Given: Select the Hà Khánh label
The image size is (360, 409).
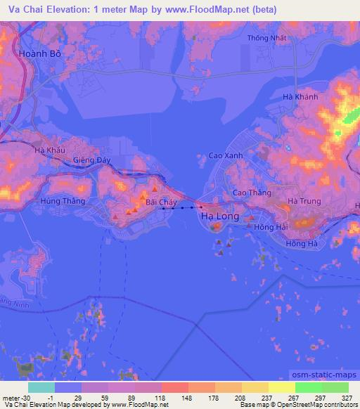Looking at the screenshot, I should tap(300, 97).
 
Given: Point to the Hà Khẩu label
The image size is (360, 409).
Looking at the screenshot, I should tap(49, 150).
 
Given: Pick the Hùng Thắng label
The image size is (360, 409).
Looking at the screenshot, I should tap(63, 201).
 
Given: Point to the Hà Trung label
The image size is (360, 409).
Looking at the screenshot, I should tap(304, 201).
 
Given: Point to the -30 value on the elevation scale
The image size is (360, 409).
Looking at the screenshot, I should tap(23, 396).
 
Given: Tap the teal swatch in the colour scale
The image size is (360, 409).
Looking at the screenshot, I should tap(41, 387).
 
